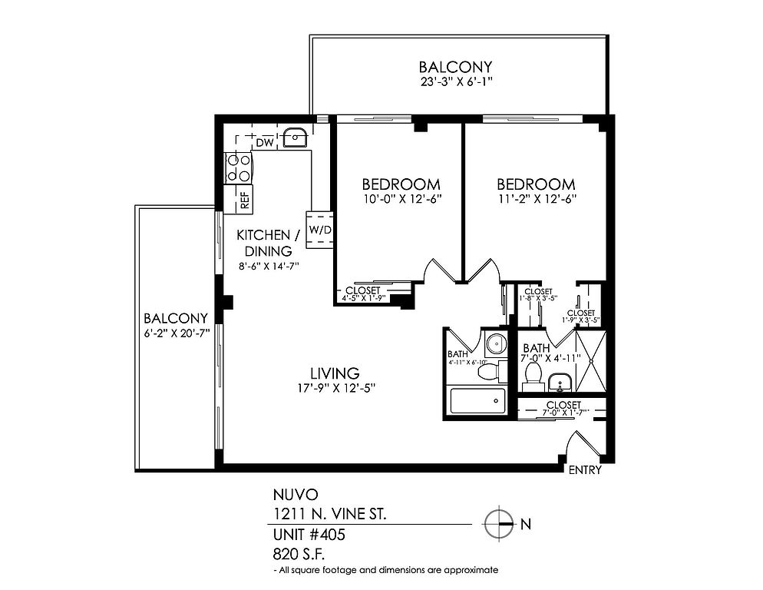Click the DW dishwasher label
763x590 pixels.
pyautogui.click(x=265, y=143)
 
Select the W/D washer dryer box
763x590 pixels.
pyautogui.click(x=319, y=230)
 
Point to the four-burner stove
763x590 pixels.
pyautogui.click(x=238, y=167)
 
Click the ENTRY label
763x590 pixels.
pyautogui.click(x=585, y=470)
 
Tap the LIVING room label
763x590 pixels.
pyautogui.click(x=335, y=373)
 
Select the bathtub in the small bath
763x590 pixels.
pyautogui.click(x=477, y=400)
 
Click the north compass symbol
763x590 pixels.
pyautogui.click(x=499, y=524)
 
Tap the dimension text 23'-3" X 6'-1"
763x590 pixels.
pyautogui.click(x=457, y=82)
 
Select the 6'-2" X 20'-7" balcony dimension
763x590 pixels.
pyautogui.click(x=176, y=333)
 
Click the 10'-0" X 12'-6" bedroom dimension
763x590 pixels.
pyautogui.click(x=401, y=199)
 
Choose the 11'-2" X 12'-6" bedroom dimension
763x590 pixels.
pyautogui.click(x=536, y=199)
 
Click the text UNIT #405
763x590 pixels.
pyautogui.click(x=309, y=535)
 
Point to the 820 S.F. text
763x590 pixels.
pyautogui.click(x=299, y=555)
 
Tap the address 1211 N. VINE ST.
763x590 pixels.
pyautogui.click(x=329, y=514)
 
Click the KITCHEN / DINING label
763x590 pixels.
pyautogui.click(x=268, y=243)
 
